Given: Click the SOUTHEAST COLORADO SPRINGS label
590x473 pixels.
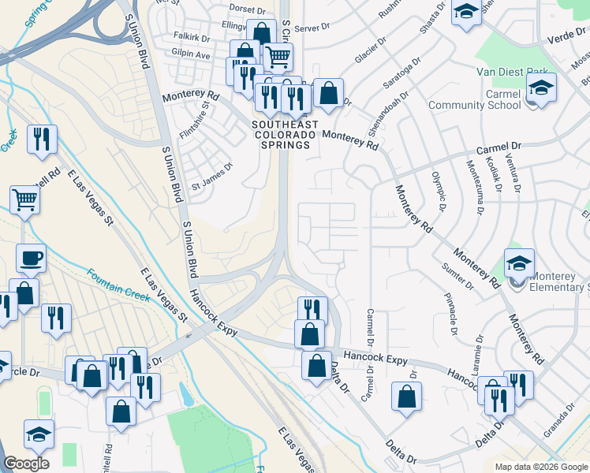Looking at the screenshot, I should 285,135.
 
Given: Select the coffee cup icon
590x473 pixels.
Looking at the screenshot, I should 31,259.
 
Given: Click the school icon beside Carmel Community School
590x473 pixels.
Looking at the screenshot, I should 541,88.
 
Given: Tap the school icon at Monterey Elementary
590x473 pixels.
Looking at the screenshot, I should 520,264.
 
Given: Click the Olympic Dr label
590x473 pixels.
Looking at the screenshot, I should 439,190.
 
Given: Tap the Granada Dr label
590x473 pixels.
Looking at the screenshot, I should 559,422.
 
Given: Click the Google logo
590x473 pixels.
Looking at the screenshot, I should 26,464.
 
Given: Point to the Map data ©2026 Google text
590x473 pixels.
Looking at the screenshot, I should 540,467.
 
